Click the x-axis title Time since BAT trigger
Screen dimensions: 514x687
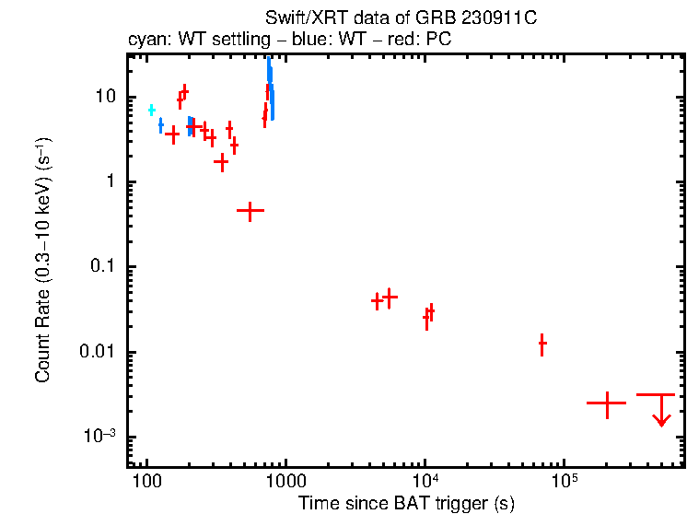point(406,504)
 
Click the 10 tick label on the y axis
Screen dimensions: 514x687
point(105,97)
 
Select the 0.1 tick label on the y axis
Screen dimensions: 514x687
point(100,267)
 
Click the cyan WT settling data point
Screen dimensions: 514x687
point(152,110)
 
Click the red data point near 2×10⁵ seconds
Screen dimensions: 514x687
point(607,403)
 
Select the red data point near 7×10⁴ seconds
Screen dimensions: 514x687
point(542,344)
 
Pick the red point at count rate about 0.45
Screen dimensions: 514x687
point(250,210)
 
